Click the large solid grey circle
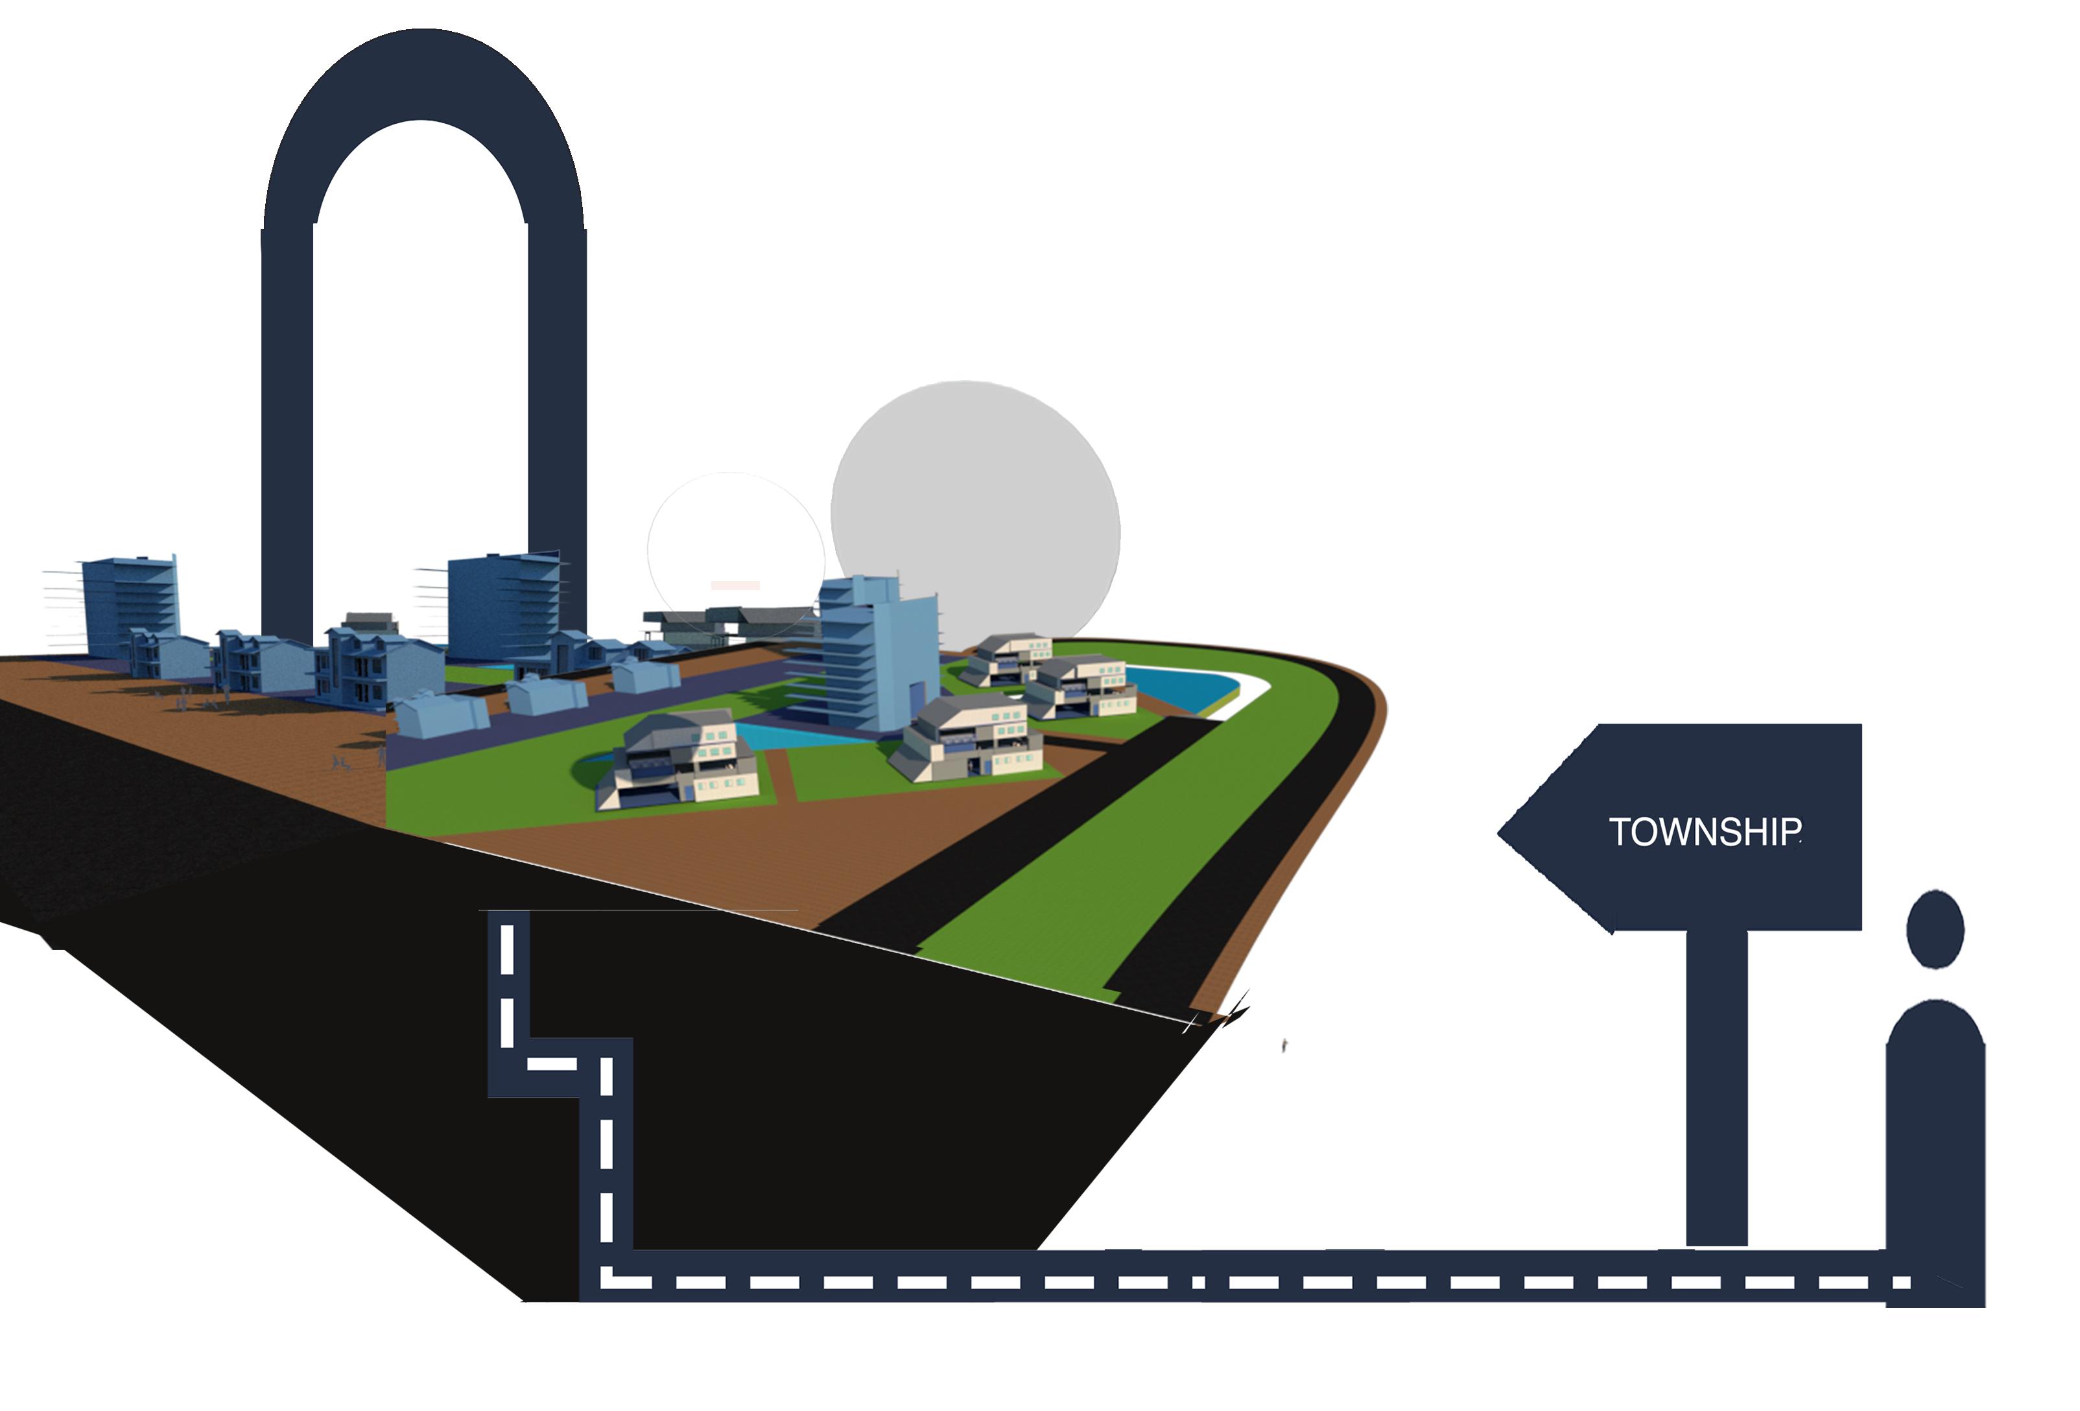coord(976,510)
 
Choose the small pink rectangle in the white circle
coord(736,586)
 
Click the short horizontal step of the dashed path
coord(560,1066)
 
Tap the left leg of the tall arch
coord(287,430)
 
